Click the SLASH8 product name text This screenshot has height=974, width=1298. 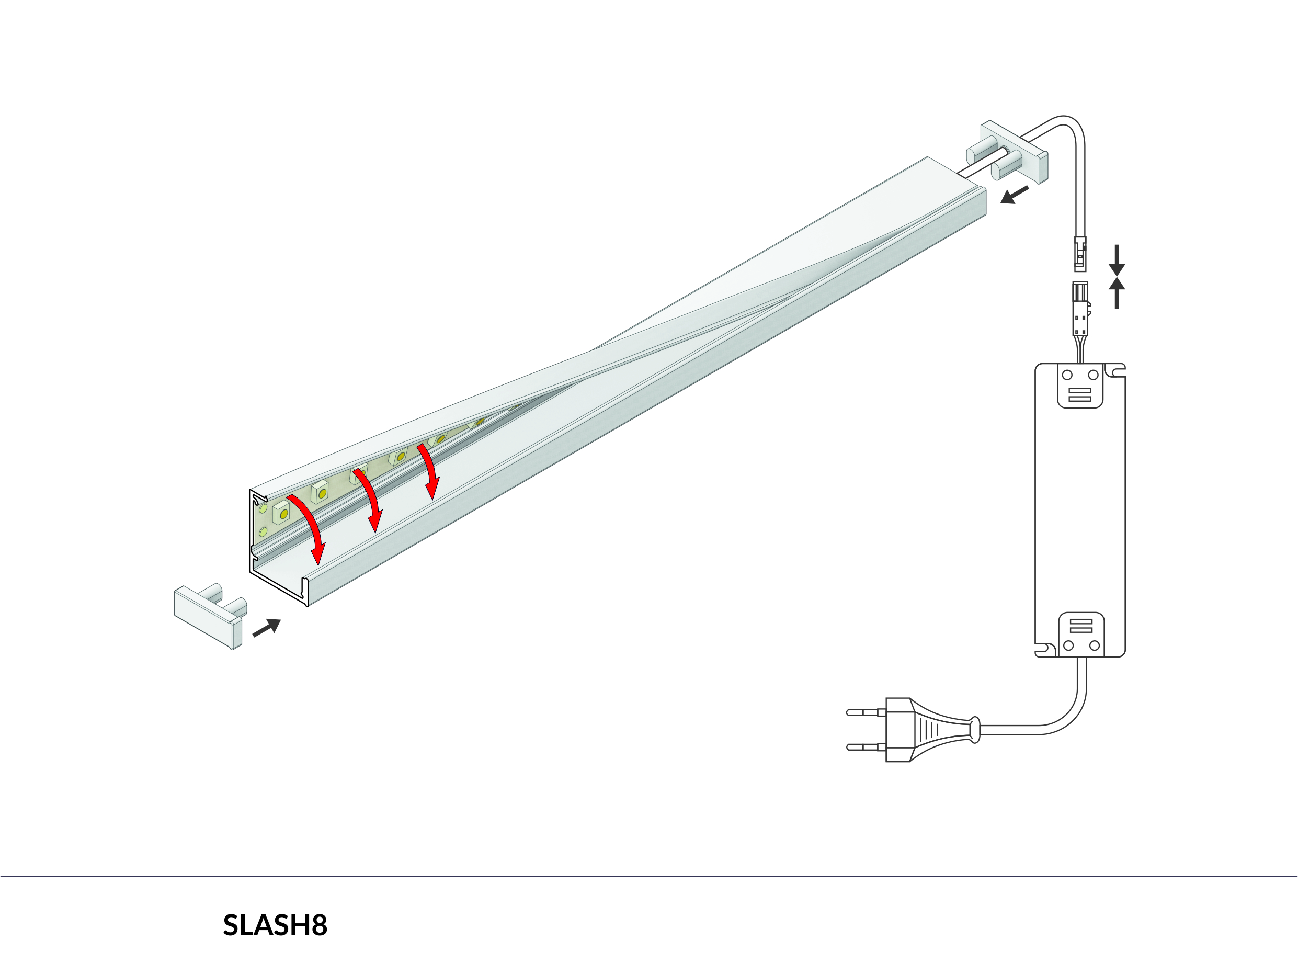click(275, 925)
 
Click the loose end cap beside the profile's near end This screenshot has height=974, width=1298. click(210, 616)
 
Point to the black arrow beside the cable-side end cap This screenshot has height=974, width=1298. click(1015, 195)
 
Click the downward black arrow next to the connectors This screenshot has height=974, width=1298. click(1117, 260)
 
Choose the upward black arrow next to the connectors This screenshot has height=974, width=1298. click(1117, 292)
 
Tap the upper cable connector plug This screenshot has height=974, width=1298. click(1080, 254)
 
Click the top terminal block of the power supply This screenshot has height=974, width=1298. click(1080, 385)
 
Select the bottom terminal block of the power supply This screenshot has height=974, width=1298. click(1081, 635)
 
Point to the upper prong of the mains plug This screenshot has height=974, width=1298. click(866, 713)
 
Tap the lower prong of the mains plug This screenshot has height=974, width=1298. click(866, 748)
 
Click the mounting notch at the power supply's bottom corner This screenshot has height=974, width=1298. click(1045, 649)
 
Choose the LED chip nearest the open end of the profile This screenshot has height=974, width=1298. click(282, 512)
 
